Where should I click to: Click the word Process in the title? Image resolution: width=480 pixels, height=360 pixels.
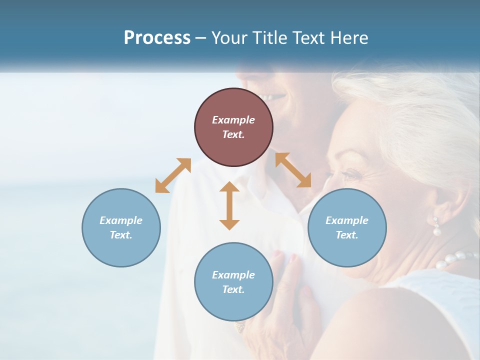click(157, 38)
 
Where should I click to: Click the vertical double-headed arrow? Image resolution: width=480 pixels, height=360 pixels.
click(229, 205)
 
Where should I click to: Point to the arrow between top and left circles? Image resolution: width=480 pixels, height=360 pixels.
click(173, 175)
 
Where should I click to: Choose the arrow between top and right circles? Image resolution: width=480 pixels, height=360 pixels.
click(293, 170)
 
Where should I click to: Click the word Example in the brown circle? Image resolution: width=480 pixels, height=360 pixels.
click(233, 120)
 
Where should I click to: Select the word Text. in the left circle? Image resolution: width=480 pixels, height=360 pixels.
click(121, 235)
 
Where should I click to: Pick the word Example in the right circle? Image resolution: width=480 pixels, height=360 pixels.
click(347, 220)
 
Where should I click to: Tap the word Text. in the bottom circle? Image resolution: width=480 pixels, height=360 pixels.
click(233, 289)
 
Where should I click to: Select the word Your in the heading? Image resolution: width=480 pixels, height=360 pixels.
click(228, 38)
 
